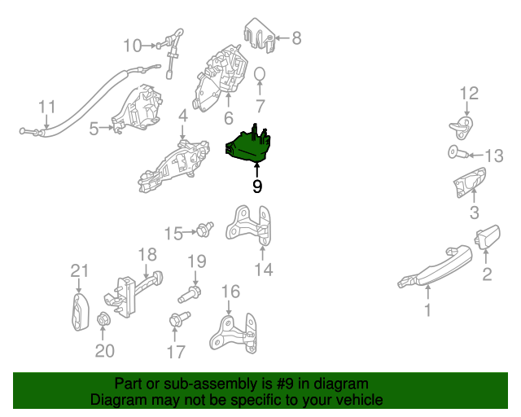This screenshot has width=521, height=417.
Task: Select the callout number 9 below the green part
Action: click(257, 187)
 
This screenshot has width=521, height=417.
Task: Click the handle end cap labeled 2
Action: click(485, 239)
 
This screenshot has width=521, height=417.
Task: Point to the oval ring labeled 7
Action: click(260, 77)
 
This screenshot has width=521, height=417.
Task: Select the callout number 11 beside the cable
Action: click(46, 107)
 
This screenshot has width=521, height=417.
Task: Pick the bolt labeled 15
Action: click(204, 230)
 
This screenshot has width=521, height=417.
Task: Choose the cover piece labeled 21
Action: click(78, 313)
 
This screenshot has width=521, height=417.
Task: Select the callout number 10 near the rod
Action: click(132, 45)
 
